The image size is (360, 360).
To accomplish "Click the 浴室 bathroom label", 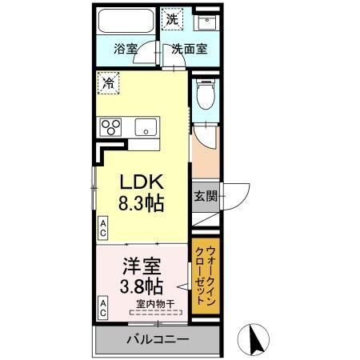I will pos(126,48).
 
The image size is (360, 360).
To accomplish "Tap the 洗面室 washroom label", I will pos(190,48).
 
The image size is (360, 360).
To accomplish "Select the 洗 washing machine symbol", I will pos(171,18).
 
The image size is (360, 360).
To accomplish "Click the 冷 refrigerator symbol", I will pos(106,82).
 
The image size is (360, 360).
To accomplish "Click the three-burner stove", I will pos(110,127).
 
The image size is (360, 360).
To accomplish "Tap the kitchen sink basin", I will pos(146,127).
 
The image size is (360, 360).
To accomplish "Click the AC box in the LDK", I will pos(102,227).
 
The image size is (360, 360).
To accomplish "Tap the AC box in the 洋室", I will pos(102,306).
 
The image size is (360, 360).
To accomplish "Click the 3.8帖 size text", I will pos(142,286).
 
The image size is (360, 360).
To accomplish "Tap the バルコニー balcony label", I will pos(157,340).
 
